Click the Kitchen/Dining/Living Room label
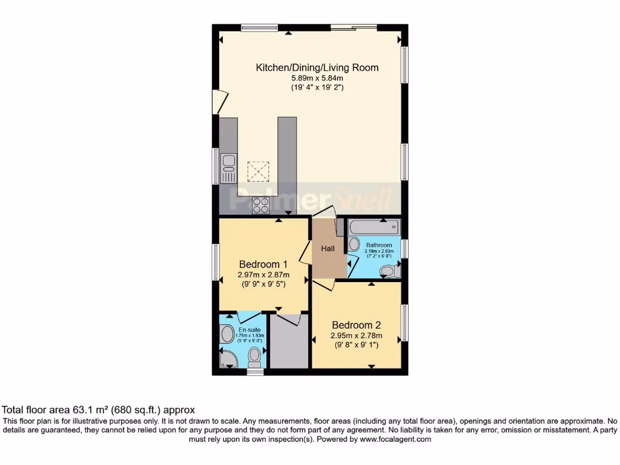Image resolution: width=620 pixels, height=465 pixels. (x=317, y=67)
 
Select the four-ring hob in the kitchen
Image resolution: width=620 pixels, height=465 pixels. (x=261, y=205)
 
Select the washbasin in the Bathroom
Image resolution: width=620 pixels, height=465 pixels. (x=354, y=245)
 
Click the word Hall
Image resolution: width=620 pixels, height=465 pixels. (x=328, y=249)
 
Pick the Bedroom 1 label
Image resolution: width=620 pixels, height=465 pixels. (x=263, y=264)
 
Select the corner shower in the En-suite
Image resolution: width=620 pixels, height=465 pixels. (x=226, y=360)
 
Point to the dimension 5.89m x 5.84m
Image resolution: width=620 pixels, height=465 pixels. (x=317, y=78)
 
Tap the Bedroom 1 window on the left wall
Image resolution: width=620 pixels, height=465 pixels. (x=215, y=262)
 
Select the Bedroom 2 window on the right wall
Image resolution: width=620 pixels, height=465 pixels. (x=404, y=322)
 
